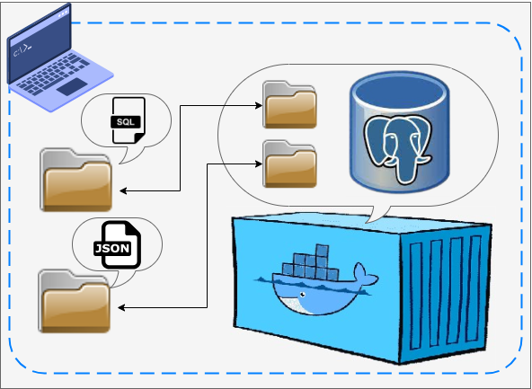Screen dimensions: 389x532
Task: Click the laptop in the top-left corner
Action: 49,54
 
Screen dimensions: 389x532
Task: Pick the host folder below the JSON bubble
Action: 75,301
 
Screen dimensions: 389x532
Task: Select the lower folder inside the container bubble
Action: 289,163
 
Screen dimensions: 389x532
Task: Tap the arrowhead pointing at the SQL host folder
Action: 124,190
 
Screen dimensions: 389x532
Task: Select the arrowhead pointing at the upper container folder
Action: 258,105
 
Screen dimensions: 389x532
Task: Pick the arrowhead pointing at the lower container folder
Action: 258,164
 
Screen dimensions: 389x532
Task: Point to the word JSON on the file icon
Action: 113,248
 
